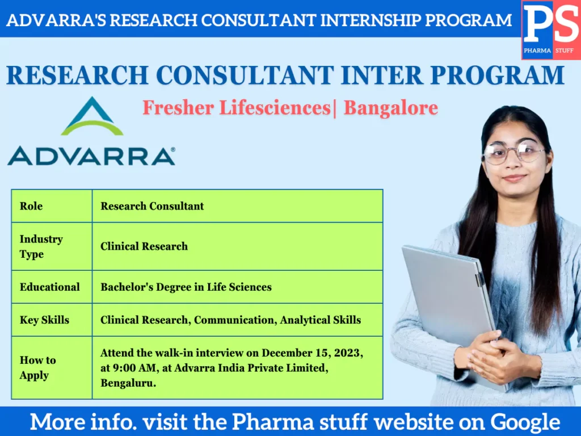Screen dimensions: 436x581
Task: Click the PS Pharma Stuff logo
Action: click(x=550, y=30)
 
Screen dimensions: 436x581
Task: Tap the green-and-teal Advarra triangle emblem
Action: click(x=92, y=117)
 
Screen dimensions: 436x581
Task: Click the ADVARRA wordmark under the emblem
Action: click(x=91, y=156)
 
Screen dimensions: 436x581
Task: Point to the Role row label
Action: click(x=31, y=206)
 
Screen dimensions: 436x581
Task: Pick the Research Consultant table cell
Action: click(x=152, y=206)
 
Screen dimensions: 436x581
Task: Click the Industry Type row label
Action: click(x=41, y=246)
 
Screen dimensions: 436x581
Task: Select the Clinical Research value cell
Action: click(x=144, y=246)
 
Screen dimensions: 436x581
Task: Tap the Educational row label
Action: click(x=50, y=287)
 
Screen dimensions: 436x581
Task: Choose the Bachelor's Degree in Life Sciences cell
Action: click(x=186, y=287)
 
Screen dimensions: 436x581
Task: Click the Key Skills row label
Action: click(x=44, y=320)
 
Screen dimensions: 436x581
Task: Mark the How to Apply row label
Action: click(x=37, y=368)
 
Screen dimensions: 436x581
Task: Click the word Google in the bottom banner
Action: click(x=525, y=422)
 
